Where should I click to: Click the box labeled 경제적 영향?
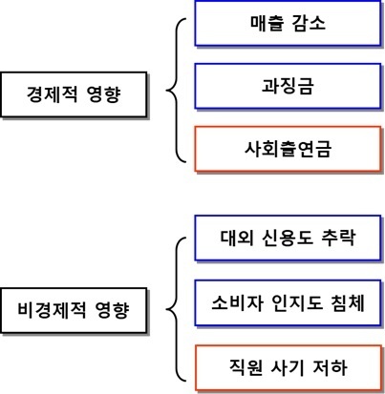pos(74,94)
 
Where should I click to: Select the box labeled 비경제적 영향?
pos(74,310)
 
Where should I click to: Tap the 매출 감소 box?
pos(288,23)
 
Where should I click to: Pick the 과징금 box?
pos(288,86)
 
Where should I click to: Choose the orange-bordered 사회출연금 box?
pos(288,149)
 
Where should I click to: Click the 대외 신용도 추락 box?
pos(288,238)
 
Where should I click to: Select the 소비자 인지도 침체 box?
pos(288,302)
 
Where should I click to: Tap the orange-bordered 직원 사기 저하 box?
pos(289,367)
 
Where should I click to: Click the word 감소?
pos(309,23)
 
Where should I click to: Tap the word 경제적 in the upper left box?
pos(52,94)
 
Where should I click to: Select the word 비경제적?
pos(52,310)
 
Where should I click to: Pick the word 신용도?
pos(288,238)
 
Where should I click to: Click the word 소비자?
pos(238,302)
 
